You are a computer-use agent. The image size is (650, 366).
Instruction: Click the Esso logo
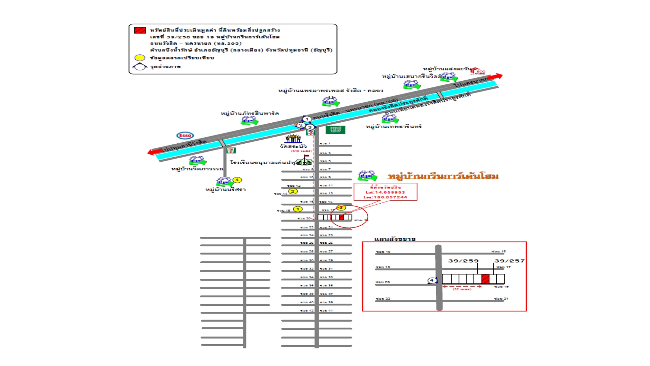point(185,136)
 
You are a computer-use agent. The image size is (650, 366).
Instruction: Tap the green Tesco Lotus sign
point(335,129)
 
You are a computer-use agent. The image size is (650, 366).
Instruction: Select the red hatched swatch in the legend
point(140,30)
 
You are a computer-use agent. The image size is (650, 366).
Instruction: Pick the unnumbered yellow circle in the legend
point(140,58)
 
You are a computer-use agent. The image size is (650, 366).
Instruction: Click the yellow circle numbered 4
point(237,180)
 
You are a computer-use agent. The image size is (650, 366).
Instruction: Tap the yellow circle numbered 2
point(293,191)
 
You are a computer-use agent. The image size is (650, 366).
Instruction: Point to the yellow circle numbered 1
point(298,209)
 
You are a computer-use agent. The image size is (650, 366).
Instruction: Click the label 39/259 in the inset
point(463,261)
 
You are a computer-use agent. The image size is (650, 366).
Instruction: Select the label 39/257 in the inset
point(509,261)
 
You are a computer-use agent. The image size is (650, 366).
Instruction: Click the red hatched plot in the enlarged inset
point(485,279)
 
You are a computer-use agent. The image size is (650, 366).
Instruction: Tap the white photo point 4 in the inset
point(432,280)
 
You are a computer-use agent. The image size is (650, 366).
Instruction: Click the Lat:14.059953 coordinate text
point(385,192)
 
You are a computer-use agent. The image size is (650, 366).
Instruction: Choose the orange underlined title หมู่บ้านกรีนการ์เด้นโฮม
point(443,176)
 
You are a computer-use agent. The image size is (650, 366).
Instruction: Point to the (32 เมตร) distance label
point(462,289)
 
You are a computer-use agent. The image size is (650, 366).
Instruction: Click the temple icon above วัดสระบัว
point(293,139)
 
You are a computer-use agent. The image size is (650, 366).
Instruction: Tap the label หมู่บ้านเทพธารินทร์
point(393,127)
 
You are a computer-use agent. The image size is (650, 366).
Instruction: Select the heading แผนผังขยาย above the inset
point(395,239)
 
